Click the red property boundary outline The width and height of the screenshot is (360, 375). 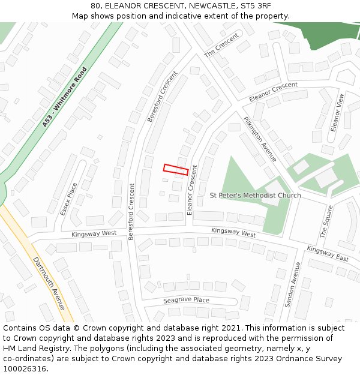[x=176, y=169]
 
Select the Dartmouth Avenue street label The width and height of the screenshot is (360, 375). [x=49, y=283]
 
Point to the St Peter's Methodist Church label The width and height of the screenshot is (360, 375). [x=256, y=196]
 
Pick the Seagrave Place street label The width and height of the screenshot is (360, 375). [x=186, y=300]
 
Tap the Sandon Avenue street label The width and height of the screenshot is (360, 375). [x=292, y=284]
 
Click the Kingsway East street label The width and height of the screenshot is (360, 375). [x=327, y=254]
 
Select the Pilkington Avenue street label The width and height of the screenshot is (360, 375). [x=260, y=139]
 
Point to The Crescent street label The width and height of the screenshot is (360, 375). [x=221, y=45]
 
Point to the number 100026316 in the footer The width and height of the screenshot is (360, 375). [x=25, y=368]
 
